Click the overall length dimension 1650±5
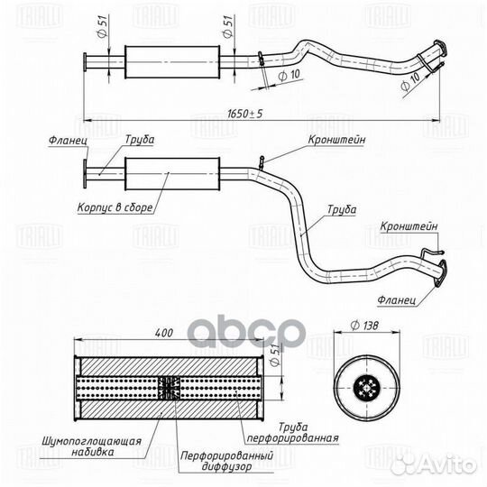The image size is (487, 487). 245,114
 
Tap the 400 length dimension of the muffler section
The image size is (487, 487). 163,333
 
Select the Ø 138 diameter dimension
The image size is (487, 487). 364,326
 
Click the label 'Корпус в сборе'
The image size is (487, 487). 115,207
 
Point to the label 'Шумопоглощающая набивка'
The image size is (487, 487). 92,446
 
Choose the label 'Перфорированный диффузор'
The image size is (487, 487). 227,461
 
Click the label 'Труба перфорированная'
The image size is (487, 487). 292,432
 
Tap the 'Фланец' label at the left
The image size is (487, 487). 68,141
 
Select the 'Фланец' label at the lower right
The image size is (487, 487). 397,300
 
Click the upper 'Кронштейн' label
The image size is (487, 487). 336,140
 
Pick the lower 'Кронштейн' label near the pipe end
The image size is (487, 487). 409,226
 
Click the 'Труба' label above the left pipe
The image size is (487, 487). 140,140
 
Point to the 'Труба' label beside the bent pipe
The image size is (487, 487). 342,209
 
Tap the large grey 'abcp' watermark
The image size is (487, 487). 245,331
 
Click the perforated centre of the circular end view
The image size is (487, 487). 367,387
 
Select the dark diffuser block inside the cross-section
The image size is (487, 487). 169,388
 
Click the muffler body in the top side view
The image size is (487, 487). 172,62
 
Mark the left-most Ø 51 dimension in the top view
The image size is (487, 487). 103,26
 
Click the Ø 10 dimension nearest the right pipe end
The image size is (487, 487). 410,82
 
